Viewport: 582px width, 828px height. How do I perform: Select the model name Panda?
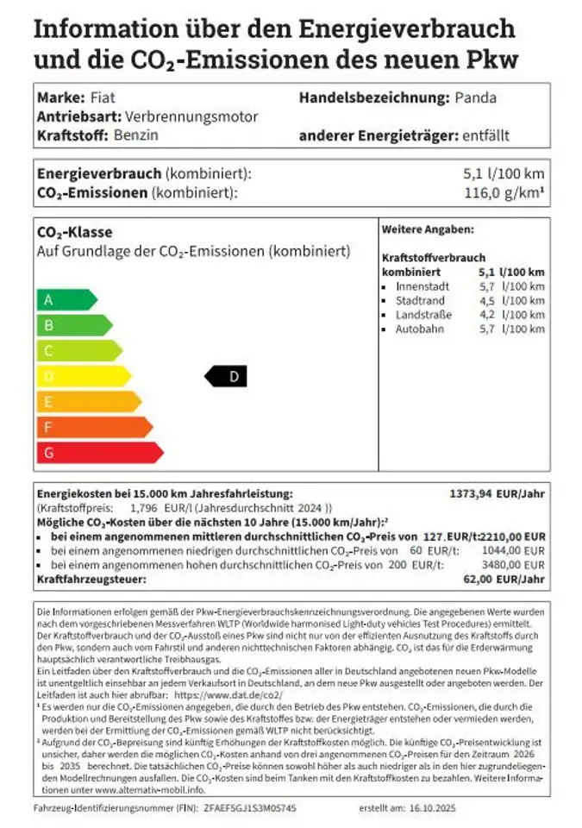click(x=476, y=97)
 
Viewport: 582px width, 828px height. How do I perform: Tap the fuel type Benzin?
click(x=136, y=135)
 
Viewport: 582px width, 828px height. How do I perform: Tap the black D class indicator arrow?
click(x=226, y=376)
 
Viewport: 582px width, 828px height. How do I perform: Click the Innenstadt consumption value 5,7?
click(x=487, y=286)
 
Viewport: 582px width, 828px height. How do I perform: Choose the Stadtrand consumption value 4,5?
click(x=487, y=300)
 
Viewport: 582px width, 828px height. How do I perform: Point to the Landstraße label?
click(x=424, y=315)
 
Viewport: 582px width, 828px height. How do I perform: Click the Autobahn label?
click(x=420, y=329)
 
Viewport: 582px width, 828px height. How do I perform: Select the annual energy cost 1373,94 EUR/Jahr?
click(x=498, y=493)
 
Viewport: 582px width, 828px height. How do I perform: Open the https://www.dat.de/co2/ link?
click(x=228, y=693)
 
